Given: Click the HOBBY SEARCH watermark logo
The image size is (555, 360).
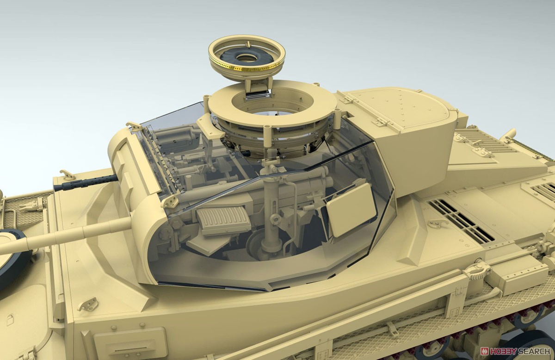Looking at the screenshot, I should pos(513,351).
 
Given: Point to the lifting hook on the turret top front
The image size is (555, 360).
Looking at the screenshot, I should pos(135,126).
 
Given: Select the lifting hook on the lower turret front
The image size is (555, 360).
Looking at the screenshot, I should pos(170,201).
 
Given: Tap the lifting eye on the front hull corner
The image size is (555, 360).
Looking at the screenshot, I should pos(68,174).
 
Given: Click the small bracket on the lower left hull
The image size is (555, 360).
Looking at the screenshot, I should pos(88,304).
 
